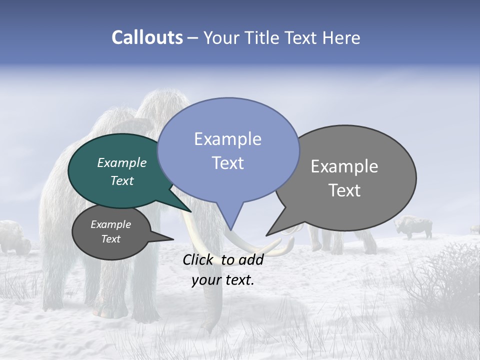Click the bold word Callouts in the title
tap(147, 37)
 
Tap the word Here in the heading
tap(342, 37)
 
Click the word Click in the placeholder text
tap(199, 259)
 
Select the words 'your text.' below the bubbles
tap(223, 280)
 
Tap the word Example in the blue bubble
tap(227, 139)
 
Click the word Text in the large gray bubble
tap(344, 190)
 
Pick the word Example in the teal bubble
tap(121, 162)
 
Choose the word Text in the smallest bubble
tap(110, 239)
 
